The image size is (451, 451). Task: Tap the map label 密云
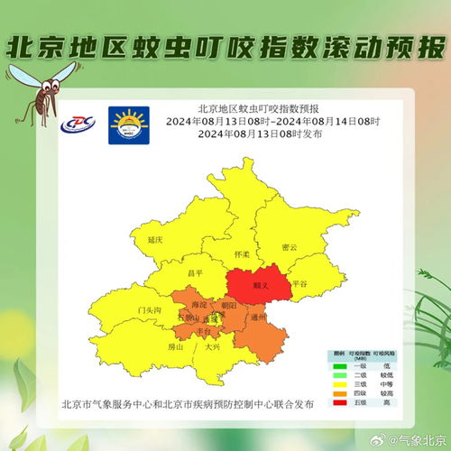coord(290,246)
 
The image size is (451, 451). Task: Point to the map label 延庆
coord(154,240)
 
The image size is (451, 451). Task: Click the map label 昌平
coord(196,272)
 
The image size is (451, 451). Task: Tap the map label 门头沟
coord(149,309)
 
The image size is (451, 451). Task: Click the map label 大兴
coord(212,345)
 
